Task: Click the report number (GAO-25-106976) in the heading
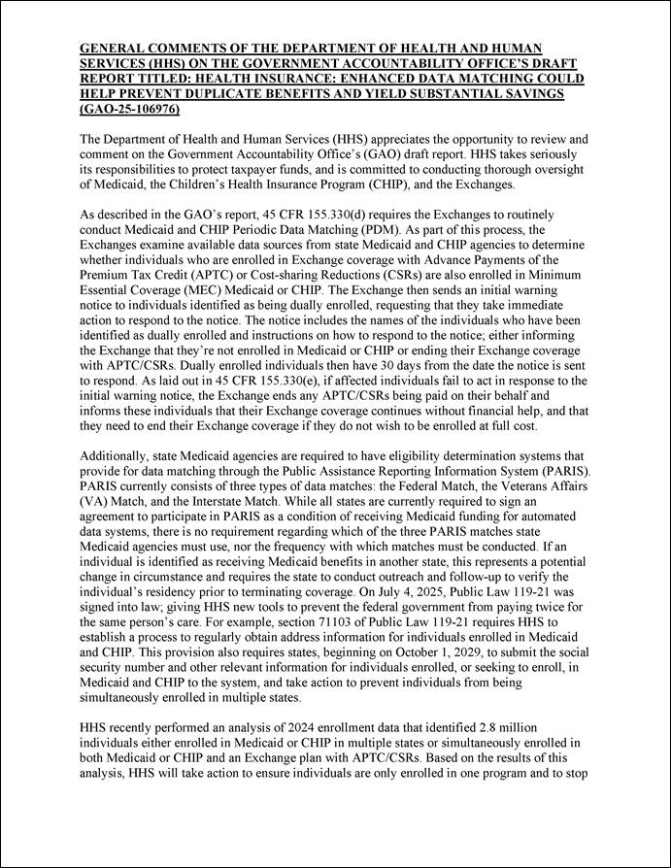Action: [131, 110]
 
